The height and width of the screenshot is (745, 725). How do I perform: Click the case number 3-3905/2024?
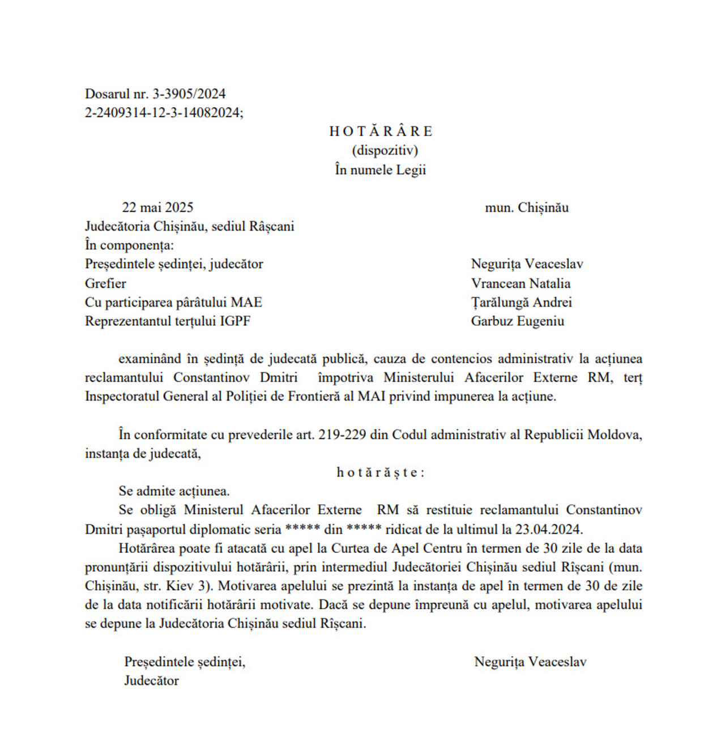pos(189,94)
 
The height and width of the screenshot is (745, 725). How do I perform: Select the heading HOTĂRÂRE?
pos(381,131)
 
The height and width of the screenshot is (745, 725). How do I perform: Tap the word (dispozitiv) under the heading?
pos(385,151)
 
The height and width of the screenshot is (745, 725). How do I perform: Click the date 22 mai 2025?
pos(157,208)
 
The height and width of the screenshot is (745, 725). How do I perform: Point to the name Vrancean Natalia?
pos(521,283)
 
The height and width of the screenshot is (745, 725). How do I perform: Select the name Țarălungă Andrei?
pos(521,303)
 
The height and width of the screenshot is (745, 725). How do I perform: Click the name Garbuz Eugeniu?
pos(517,321)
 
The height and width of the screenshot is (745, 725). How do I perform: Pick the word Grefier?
pos(105,283)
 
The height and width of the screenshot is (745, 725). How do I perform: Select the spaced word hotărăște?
pos(380,472)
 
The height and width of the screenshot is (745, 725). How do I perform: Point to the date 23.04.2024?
pos(548,530)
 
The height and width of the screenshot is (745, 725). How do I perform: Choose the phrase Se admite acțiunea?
pos(174,491)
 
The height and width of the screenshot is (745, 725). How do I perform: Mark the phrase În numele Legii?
pos(380,170)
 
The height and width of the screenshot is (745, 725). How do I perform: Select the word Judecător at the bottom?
pos(151,680)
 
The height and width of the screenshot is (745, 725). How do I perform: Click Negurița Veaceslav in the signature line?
pos(530,662)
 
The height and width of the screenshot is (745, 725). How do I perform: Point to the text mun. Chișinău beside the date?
pos(526,208)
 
